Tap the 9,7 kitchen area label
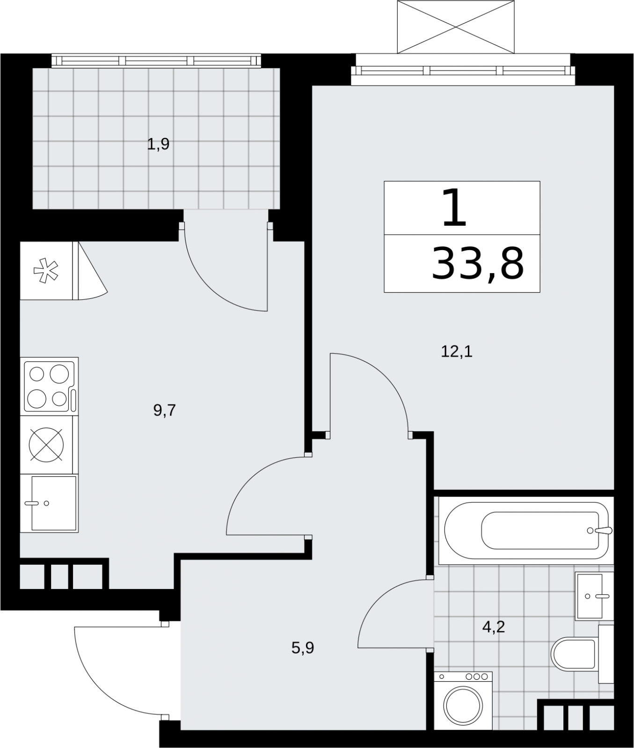(x=164, y=410)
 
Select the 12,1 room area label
(x=457, y=351)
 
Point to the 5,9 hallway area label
(x=303, y=648)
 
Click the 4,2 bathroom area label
(x=494, y=626)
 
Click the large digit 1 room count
(x=455, y=208)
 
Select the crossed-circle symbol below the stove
(x=46, y=444)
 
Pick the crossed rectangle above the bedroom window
(x=455, y=27)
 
